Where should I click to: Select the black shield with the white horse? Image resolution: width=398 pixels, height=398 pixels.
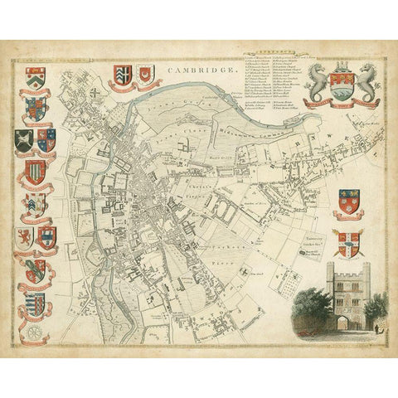coord(24,142)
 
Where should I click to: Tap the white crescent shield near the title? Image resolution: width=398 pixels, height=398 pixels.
coord(147,76)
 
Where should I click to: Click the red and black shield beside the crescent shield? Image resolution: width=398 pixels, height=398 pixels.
coord(118,77)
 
